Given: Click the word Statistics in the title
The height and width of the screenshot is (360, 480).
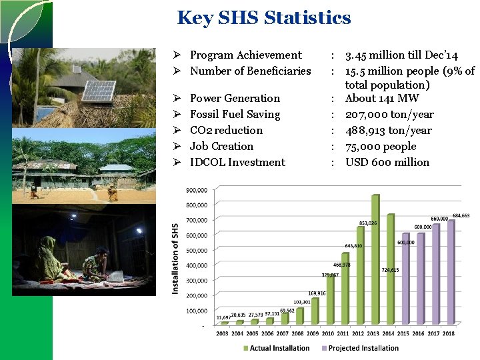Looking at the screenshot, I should coord(307,17).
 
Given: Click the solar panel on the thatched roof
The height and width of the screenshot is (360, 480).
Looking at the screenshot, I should coord(99,91).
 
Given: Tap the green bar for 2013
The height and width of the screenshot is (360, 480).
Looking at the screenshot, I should coord(375,260).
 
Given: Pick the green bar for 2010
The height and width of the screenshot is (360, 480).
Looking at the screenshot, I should coord(329,299).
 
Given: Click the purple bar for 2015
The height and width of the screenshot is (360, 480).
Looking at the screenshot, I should coord(405,279).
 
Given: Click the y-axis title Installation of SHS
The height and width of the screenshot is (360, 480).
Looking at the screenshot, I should coord(175,258).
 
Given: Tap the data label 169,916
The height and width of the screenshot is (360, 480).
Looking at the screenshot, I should coord(317,293).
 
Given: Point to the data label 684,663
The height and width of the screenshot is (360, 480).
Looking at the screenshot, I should coord(461,216).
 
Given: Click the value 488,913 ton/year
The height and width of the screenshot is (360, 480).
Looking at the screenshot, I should coord(388,130).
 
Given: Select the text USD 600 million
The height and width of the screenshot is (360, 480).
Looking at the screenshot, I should coord(387,162).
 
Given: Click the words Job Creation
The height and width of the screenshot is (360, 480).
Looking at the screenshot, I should coord(221,146).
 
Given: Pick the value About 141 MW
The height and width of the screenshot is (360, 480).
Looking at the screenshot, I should coord(381,99).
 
